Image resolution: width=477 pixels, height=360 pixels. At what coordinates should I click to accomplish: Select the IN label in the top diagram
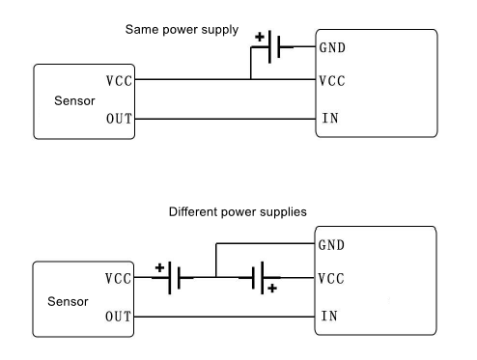[326, 120]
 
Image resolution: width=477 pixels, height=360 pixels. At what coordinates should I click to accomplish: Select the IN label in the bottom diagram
[326, 316]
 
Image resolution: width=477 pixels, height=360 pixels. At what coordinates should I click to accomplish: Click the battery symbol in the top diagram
[274, 46]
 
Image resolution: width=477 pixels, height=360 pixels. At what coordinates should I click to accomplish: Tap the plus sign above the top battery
[259, 37]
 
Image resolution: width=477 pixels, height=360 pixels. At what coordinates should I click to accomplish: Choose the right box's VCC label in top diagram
[330, 82]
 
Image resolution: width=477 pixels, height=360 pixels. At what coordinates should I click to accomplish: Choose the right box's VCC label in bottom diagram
[330, 279]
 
